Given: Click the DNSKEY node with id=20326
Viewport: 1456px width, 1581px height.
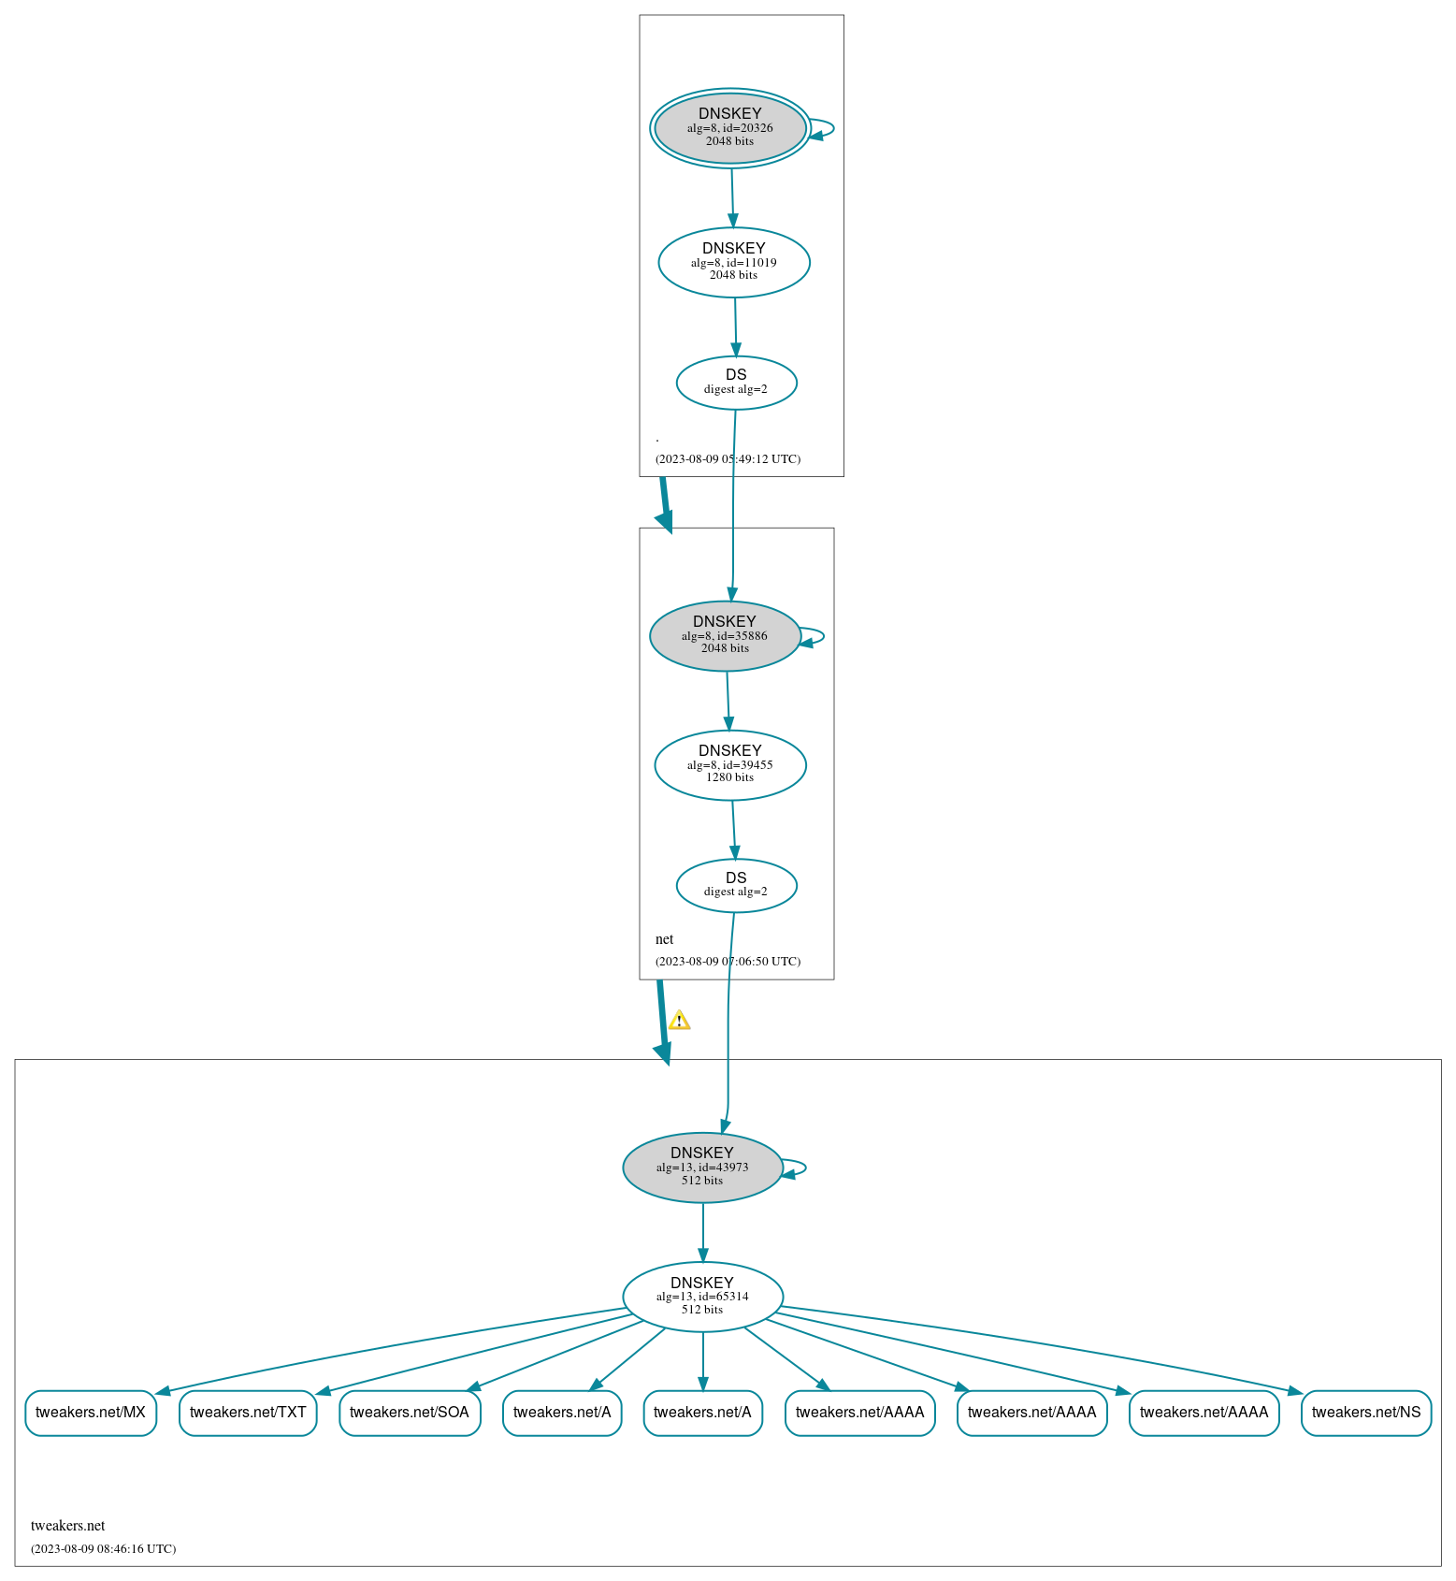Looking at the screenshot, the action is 730,128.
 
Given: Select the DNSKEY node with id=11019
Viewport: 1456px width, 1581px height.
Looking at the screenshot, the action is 734,263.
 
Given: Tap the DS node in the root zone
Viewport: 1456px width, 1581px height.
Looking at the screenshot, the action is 737,383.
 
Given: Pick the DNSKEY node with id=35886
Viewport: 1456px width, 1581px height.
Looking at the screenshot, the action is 726,636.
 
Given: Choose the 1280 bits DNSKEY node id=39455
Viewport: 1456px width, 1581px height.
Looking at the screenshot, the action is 730,765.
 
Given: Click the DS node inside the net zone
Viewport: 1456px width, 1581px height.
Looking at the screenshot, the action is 737,885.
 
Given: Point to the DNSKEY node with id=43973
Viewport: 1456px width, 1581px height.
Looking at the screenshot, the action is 703,1168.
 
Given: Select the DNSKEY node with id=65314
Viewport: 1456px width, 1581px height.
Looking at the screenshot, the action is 703,1297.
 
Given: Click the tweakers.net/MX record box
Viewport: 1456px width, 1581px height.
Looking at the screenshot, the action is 91,1413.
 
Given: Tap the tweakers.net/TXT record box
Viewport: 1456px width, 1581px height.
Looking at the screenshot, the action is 248,1413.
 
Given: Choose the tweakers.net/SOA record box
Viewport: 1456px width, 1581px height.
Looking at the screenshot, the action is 410,1413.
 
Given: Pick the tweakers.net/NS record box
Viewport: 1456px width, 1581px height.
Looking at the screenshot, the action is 1366,1413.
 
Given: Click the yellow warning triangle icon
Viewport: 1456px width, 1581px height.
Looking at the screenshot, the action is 679,1020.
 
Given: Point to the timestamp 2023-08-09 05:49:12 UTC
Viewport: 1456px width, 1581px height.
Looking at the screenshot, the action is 728,459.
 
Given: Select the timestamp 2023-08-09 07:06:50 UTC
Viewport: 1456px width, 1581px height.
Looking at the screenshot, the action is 728,962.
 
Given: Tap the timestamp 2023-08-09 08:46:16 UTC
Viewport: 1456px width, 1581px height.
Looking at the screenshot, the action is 103,1549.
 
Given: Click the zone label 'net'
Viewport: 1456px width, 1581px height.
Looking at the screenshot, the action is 665,939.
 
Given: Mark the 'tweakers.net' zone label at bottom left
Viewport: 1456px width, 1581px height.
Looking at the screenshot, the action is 68,1526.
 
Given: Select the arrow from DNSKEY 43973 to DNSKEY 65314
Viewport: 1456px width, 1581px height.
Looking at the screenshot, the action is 703,1233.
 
